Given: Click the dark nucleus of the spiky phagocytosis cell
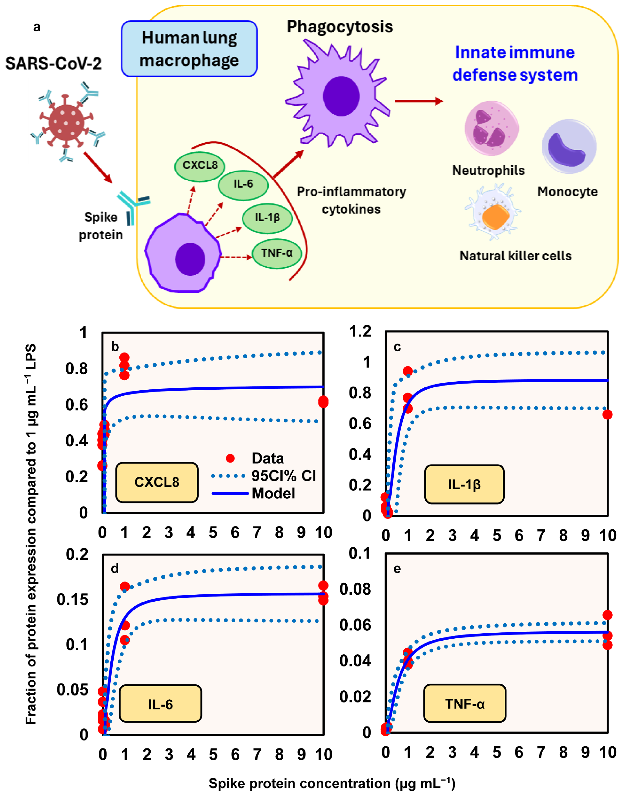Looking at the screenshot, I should [341, 96].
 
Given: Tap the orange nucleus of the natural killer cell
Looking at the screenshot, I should [495, 216].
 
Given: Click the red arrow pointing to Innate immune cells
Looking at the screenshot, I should [418, 101].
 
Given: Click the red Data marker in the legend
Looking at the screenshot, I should [230, 458].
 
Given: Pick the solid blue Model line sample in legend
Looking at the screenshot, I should [230, 493].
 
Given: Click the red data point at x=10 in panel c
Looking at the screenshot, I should [607, 414].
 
